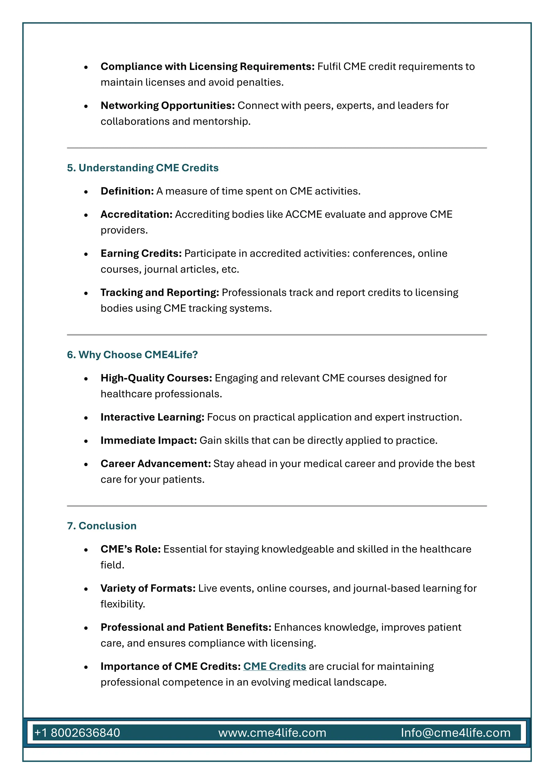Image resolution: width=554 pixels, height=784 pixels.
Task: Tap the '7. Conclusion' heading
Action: (102, 525)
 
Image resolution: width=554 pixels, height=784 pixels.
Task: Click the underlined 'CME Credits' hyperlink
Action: (275, 666)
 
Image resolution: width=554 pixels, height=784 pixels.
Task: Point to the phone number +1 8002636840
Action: (77, 733)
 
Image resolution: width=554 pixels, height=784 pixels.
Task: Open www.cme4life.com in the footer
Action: (272, 733)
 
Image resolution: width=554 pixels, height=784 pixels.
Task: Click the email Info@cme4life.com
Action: (456, 733)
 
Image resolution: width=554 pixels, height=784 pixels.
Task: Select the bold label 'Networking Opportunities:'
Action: (167, 106)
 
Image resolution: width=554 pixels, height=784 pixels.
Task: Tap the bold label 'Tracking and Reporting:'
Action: (160, 293)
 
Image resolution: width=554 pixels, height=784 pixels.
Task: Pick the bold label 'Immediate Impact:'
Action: (149, 440)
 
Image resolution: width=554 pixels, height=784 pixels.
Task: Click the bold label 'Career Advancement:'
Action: (156, 464)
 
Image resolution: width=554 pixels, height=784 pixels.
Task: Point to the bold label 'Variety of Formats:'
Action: (148, 588)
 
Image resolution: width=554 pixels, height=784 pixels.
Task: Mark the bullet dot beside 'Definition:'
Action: (86, 192)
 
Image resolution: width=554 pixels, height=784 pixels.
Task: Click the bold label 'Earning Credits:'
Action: (141, 253)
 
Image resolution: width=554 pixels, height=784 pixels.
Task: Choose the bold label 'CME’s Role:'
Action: (131, 549)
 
